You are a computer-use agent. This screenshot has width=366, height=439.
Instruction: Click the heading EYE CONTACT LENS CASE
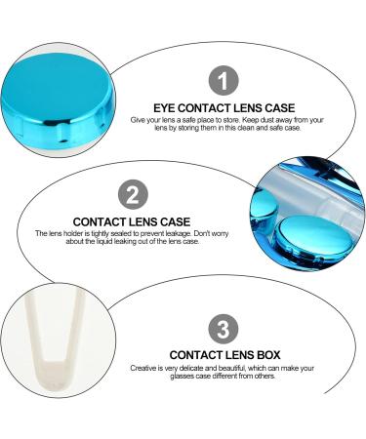click(225, 108)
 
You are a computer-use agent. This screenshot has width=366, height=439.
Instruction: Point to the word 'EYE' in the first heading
click(166, 108)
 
